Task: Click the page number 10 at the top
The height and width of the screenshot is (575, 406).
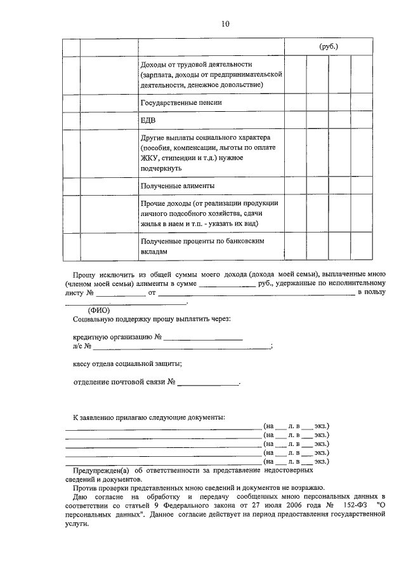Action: point(226,24)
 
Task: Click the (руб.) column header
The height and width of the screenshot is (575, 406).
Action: point(327,46)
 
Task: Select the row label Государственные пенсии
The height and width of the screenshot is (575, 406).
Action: point(180,102)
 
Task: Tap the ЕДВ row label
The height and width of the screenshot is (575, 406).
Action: point(147,121)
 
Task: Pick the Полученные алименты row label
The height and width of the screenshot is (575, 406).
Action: point(177,186)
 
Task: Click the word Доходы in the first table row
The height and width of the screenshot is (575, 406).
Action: point(154,65)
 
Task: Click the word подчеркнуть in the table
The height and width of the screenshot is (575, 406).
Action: point(162,168)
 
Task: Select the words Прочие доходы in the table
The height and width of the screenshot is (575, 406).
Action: point(167,203)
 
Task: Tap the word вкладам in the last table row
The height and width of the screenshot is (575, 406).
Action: point(154,251)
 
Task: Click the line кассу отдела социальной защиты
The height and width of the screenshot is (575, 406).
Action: point(128,363)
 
